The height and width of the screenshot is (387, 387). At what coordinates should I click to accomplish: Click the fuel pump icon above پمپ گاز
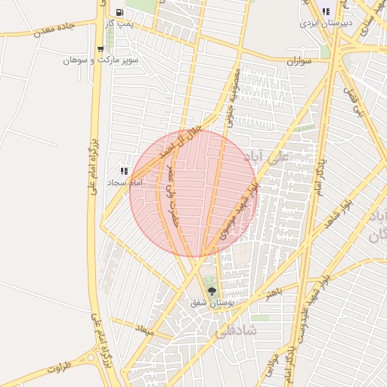120,13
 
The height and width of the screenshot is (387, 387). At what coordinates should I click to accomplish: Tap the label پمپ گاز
119,25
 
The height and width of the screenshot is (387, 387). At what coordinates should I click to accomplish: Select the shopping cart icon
101,49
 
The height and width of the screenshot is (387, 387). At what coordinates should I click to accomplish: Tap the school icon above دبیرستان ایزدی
326,11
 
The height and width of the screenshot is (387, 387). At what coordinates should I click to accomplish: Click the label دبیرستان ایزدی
322,23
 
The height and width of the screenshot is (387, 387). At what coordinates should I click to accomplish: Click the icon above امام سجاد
124,172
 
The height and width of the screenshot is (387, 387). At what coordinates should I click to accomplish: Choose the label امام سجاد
125,183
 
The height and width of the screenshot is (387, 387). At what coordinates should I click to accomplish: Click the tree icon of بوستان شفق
211,291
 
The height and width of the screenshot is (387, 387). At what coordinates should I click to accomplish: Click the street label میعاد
144,330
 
